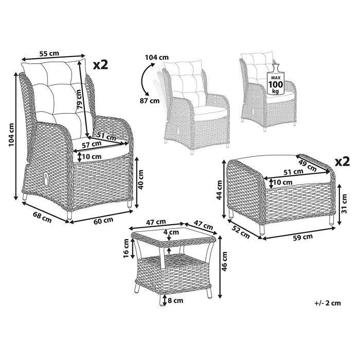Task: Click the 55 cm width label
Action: (49, 53)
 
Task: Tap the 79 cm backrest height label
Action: (79, 99)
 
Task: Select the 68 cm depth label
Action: (42, 217)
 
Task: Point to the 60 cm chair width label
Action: (103, 220)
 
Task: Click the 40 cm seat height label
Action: (140, 179)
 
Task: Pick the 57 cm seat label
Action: (92, 145)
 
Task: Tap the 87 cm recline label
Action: (150, 101)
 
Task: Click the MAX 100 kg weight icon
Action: (276, 80)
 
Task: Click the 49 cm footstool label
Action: (308, 165)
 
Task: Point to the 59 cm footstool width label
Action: (302, 237)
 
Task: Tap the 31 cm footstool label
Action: (345, 204)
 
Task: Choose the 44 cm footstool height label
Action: (219, 190)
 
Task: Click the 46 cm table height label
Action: (224, 261)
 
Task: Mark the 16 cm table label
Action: (126, 248)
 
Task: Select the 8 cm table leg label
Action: (175, 300)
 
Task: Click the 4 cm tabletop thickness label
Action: (171, 232)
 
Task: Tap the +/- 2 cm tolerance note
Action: (328, 303)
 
